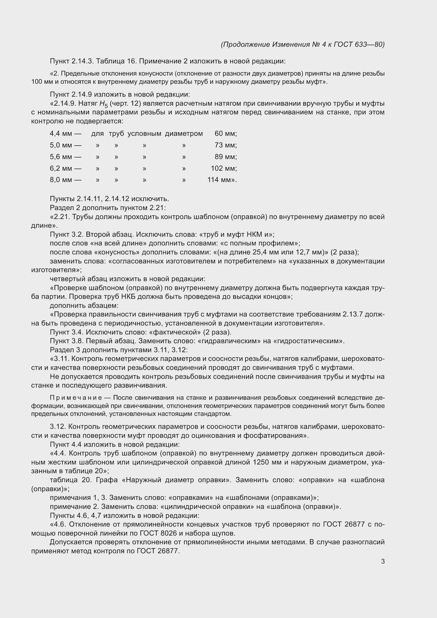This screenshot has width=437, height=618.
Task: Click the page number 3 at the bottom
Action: tap(383, 561)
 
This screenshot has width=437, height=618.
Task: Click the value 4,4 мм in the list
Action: tap(61, 133)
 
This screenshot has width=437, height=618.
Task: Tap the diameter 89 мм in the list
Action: tap(225, 157)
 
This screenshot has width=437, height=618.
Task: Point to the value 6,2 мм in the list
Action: tap(61, 168)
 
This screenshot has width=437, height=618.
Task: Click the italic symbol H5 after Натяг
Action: tap(103, 104)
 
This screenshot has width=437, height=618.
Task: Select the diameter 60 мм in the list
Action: tap(225, 133)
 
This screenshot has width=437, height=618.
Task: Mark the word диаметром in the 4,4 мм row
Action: tap(184, 133)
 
